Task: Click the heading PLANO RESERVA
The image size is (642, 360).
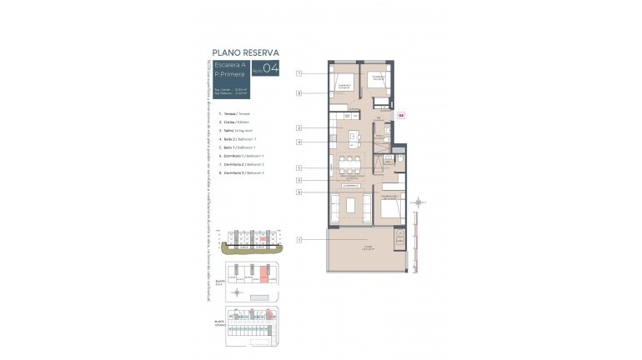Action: [x=244, y=52]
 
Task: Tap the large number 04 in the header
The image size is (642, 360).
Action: [x=270, y=69]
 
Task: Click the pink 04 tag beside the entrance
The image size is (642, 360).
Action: [x=400, y=116]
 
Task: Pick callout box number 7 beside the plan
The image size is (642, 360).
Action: [x=298, y=74]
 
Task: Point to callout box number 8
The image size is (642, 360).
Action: [x=298, y=94]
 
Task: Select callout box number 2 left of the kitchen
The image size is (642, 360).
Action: [x=298, y=127]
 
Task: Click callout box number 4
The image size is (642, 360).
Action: [x=298, y=142]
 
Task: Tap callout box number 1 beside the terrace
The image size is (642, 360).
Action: [x=298, y=240]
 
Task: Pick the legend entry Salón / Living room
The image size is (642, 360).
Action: [x=236, y=131]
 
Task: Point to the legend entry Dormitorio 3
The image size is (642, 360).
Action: [x=241, y=172]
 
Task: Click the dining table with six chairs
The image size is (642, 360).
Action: [x=350, y=163]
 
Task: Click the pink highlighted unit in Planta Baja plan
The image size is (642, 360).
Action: [x=263, y=272]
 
